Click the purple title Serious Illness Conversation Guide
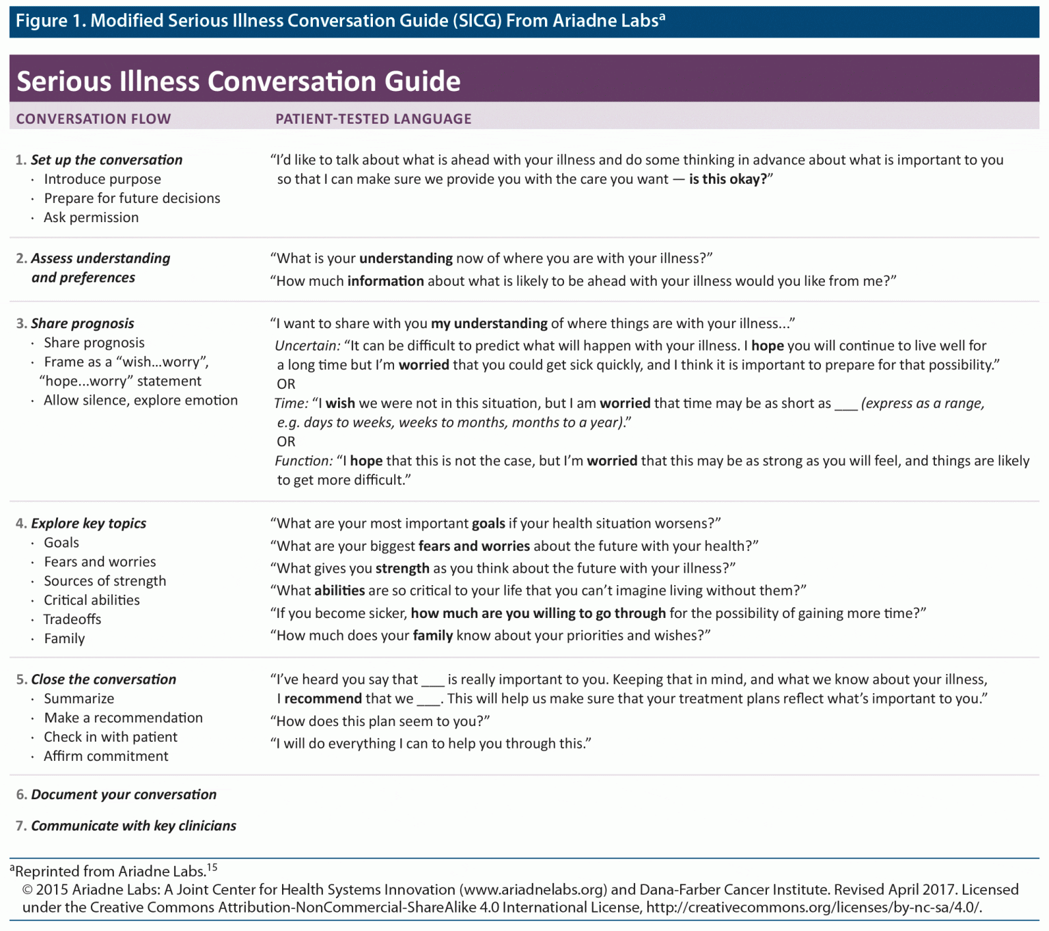pyautogui.click(x=238, y=81)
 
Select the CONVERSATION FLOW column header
pyautogui.click(x=94, y=119)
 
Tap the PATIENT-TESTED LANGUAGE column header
pyautogui.click(x=373, y=119)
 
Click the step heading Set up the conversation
pyautogui.click(x=107, y=160)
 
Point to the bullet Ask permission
pyautogui.click(x=91, y=217)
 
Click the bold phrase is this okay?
pyautogui.click(x=728, y=179)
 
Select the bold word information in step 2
pyautogui.click(x=385, y=281)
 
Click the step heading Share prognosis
pyautogui.click(x=82, y=323)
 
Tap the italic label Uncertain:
pyautogui.click(x=307, y=346)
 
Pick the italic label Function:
pyautogui.click(x=304, y=461)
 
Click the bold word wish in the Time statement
pyautogui.click(x=340, y=403)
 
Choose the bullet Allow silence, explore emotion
pyautogui.click(x=141, y=401)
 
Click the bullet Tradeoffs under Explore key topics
pyautogui.click(x=72, y=619)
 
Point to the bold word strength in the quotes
pyautogui.click(x=402, y=568)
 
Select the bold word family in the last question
pyautogui.click(x=432, y=636)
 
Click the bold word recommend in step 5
pyautogui.click(x=322, y=699)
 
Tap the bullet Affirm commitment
pyautogui.click(x=106, y=756)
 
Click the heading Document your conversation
pyautogui.click(x=124, y=794)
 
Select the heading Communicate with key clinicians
pyautogui.click(x=133, y=826)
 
